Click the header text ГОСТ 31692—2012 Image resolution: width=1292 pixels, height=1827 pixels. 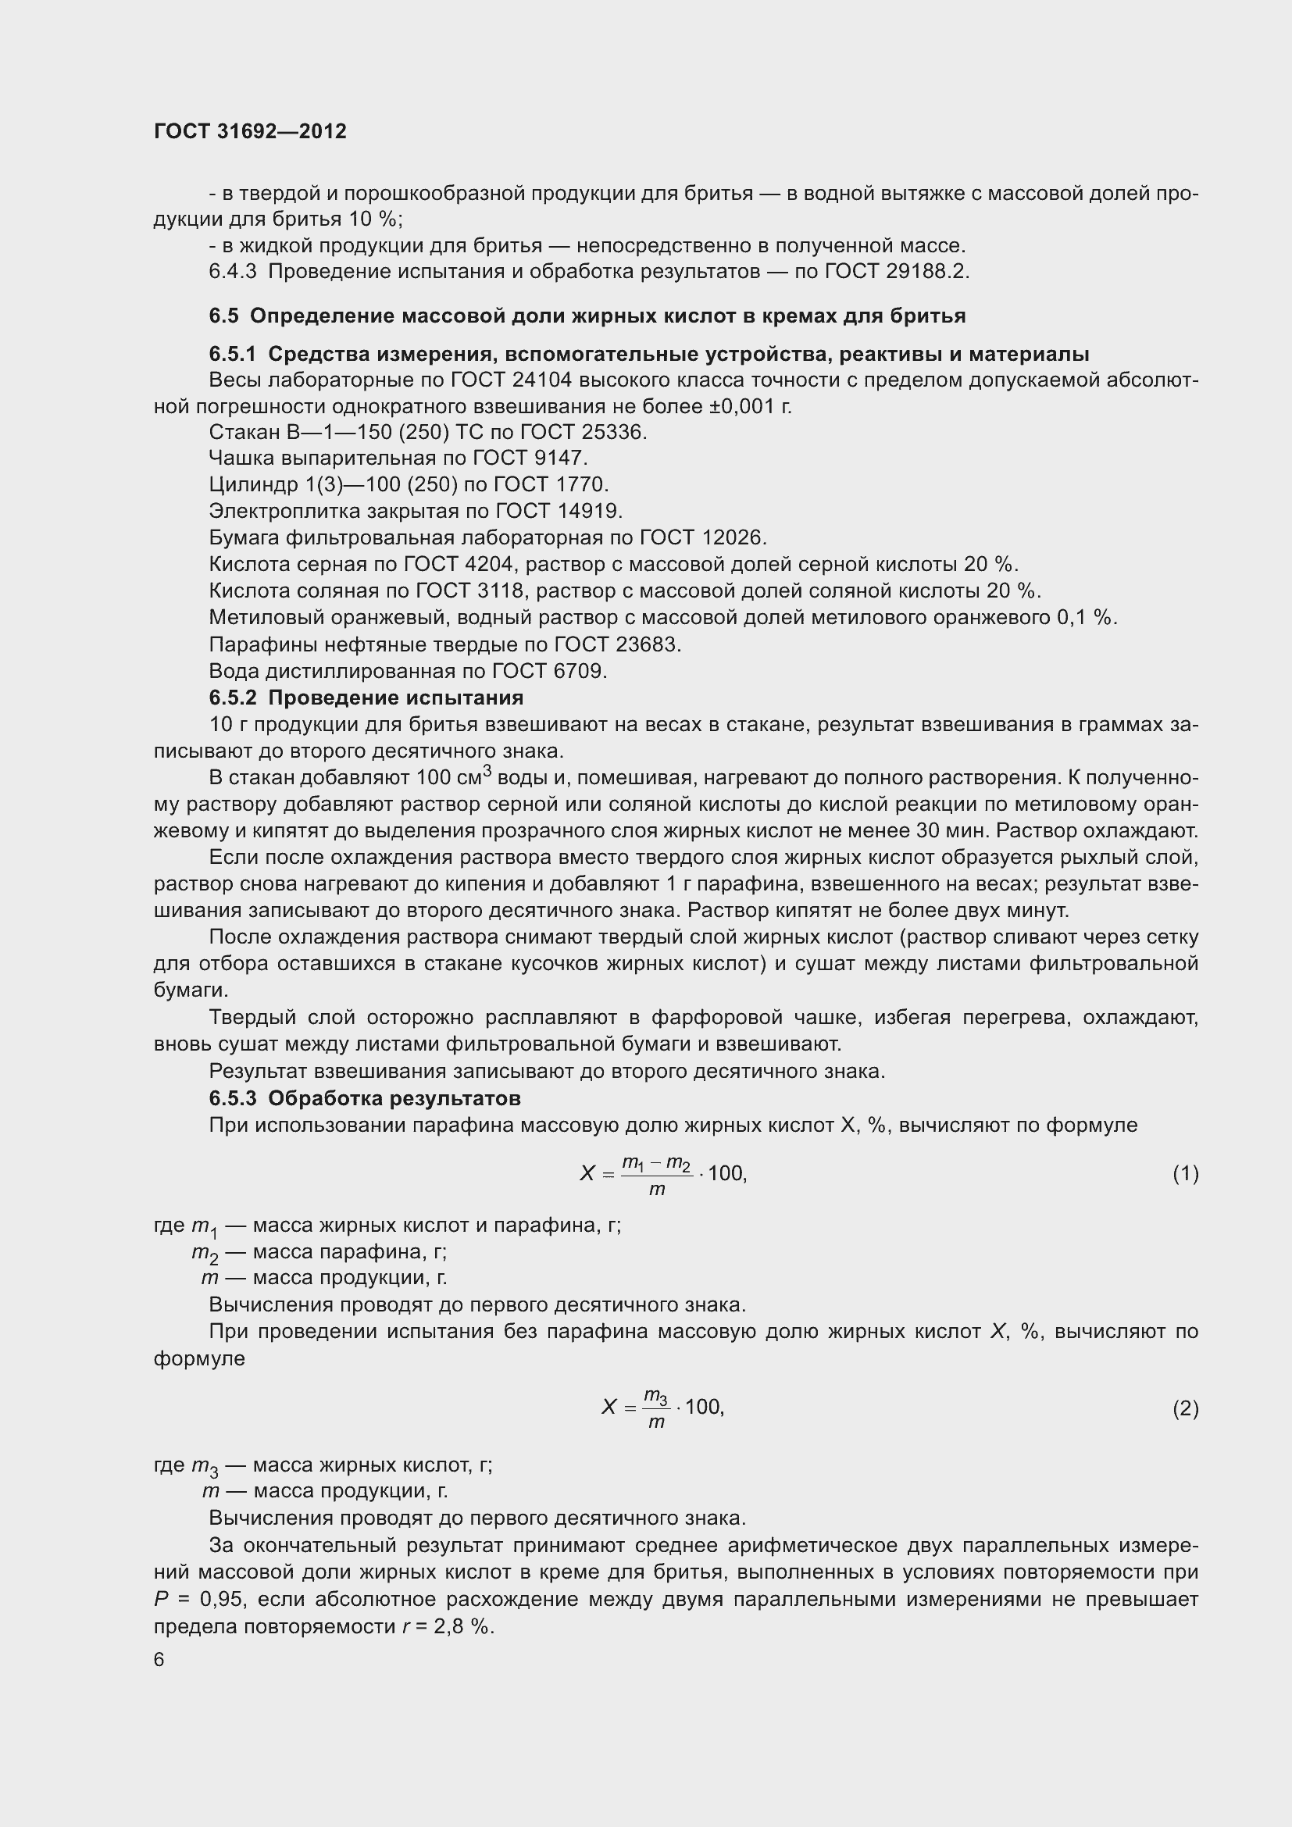250,131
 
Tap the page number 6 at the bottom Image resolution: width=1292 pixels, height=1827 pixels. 159,1659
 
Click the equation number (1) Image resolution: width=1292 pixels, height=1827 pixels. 1185,1173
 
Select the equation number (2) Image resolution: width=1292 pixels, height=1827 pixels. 1185,1408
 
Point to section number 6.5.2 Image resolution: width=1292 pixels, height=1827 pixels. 232,698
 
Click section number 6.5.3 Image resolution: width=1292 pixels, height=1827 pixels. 232,1098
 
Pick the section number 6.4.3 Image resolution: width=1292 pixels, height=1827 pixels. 232,272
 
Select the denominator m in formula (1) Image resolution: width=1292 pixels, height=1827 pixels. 656,1190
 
